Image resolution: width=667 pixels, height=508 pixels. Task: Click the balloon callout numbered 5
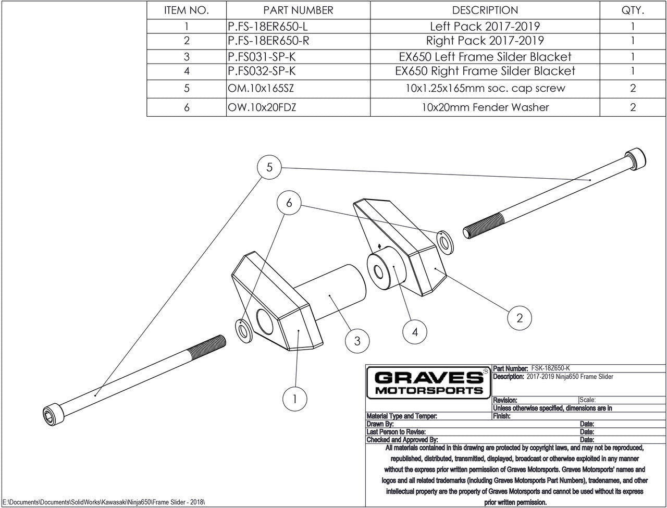click(x=269, y=167)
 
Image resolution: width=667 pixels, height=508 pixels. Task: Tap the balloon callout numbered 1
click(x=295, y=399)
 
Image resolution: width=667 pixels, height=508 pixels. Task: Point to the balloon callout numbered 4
click(x=415, y=331)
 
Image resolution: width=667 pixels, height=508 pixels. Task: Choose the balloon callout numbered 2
click(x=519, y=317)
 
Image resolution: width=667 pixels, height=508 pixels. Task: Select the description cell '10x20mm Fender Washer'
click(x=485, y=107)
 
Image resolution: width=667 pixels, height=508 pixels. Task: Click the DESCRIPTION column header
click(x=485, y=10)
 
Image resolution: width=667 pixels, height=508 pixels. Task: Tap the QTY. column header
click(x=633, y=10)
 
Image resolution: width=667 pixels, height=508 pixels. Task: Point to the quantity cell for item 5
click(x=633, y=88)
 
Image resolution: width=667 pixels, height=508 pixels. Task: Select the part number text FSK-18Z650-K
click(x=553, y=368)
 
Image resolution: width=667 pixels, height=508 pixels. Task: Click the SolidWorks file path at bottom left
click(x=104, y=501)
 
